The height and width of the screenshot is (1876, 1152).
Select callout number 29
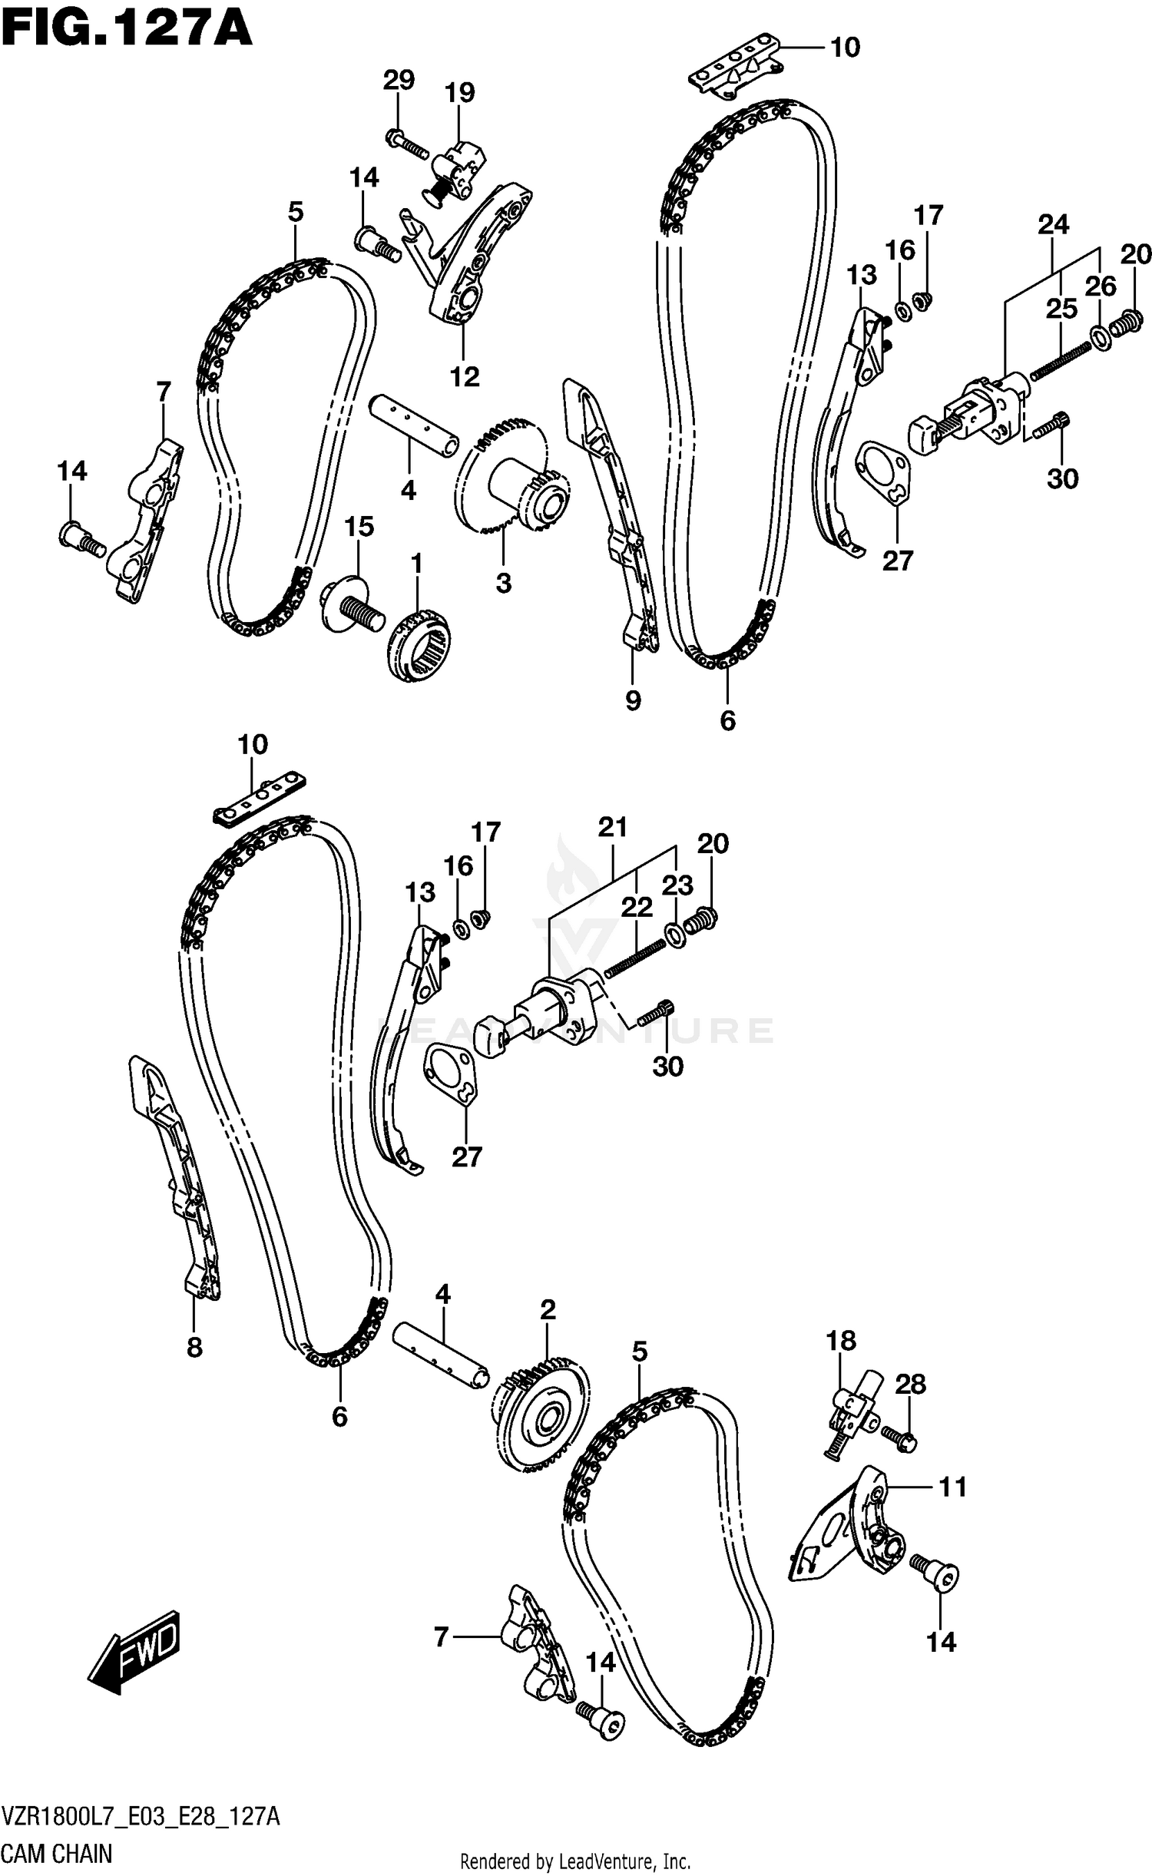[x=399, y=80]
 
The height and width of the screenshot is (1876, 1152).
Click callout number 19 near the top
[x=459, y=92]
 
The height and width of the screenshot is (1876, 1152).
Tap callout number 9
[x=633, y=700]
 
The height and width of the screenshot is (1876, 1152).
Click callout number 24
[x=1053, y=224]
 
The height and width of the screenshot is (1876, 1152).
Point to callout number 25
[x=1061, y=309]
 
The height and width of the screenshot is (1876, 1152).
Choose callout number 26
[x=1101, y=286]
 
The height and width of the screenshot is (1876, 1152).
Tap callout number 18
[x=840, y=1341]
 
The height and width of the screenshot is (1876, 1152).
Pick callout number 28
[x=911, y=1384]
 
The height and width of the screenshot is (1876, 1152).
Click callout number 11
[x=952, y=1487]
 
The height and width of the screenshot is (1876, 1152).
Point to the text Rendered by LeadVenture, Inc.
[x=575, y=1854]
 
